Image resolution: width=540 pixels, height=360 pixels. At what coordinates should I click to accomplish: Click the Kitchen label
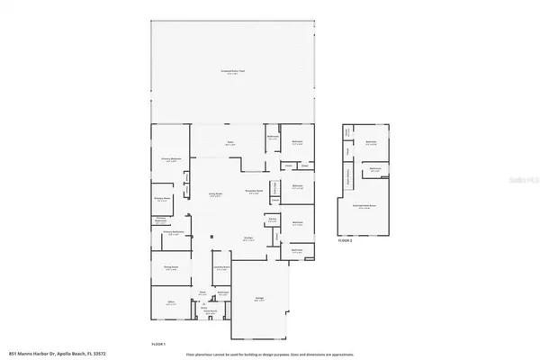(247, 239)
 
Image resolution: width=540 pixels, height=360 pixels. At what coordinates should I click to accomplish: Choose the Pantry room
(272, 219)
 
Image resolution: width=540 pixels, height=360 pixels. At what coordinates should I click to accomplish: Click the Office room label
(170, 303)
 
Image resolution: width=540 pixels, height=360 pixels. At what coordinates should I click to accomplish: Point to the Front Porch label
(214, 312)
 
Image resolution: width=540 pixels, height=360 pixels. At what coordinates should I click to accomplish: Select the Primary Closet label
(163, 201)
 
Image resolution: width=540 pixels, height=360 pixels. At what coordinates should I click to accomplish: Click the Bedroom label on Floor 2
(371, 142)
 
